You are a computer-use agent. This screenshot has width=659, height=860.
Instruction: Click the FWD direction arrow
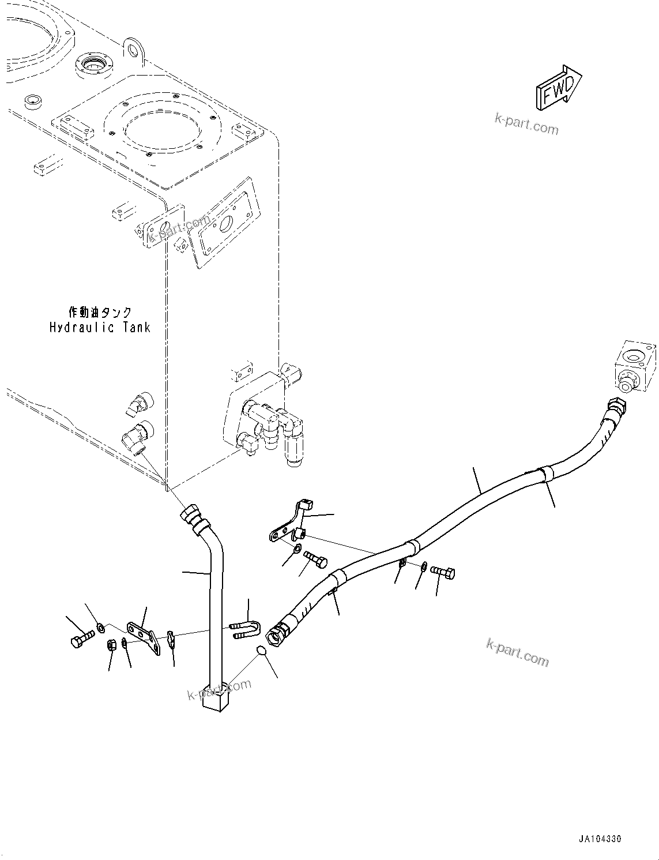(559, 87)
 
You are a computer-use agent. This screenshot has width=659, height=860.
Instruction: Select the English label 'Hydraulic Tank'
(99, 328)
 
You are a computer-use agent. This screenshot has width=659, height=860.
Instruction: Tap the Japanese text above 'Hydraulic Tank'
(100, 313)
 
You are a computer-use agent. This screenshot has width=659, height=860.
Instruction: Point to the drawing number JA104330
(601, 839)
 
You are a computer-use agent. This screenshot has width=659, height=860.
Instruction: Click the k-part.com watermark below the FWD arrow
(526, 123)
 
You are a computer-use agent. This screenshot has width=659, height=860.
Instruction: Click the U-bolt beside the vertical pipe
(245, 630)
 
